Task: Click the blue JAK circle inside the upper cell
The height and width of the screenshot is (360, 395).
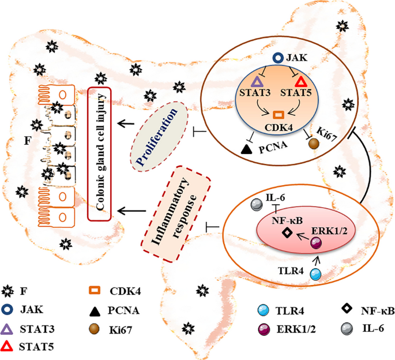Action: click(x=277, y=58)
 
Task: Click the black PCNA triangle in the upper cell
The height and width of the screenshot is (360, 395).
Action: click(x=246, y=149)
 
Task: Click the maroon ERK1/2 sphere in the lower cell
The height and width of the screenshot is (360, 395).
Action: click(x=316, y=243)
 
